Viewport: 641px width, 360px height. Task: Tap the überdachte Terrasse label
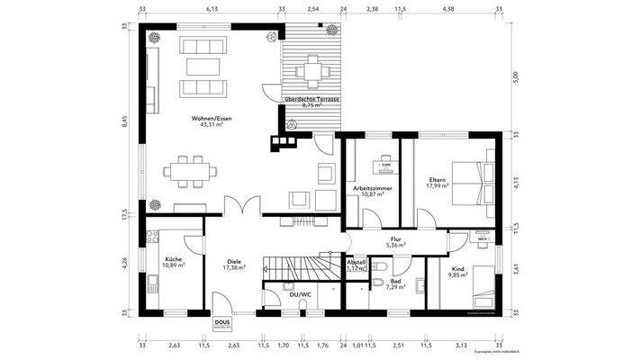[310, 98]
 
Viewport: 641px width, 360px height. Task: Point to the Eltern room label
[438, 180]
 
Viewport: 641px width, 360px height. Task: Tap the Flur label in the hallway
[395, 238]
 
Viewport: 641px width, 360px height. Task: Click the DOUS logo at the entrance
[221, 323]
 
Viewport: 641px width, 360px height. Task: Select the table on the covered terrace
[312, 68]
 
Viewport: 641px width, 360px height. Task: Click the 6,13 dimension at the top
[212, 8]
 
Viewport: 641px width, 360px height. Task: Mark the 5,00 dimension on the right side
[516, 76]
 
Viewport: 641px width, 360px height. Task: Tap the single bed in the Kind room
[482, 282]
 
